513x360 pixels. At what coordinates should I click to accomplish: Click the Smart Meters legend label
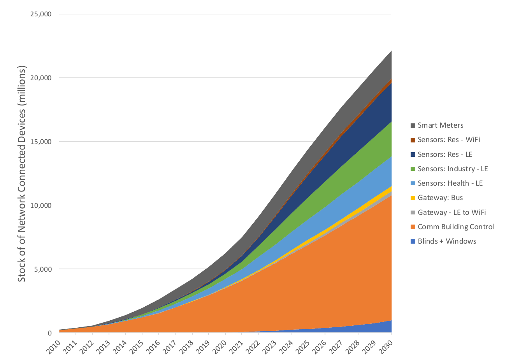coord(440,125)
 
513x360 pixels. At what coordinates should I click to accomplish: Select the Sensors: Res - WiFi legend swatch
coord(413,140)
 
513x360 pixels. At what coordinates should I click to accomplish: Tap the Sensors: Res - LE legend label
coord(444,155)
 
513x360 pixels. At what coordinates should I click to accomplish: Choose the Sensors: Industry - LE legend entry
coord(452,169)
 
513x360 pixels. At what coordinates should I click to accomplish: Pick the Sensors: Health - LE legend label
coord(450,183)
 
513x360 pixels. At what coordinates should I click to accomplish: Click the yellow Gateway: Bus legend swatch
coord(413,198)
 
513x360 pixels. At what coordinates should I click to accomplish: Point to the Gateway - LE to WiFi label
coord(452,212)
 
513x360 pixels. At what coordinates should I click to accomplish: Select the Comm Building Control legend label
coord(456,227)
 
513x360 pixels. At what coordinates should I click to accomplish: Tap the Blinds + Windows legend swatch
coord(413,241)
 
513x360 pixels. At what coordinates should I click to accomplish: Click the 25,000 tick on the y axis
coord(41,14)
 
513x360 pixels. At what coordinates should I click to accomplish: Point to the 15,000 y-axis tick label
coord(41,142)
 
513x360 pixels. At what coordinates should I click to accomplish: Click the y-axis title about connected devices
coord(22,173)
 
